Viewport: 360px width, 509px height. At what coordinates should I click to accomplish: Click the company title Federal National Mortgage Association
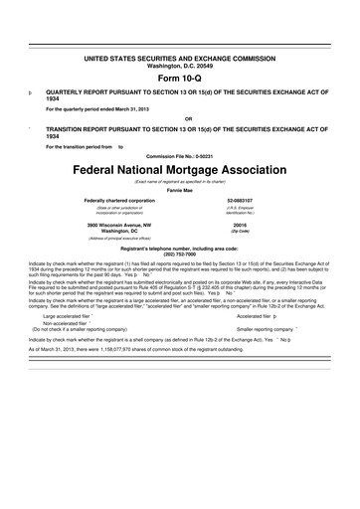point(180,167)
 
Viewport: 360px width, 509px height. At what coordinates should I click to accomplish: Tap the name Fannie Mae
point(180,190)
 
